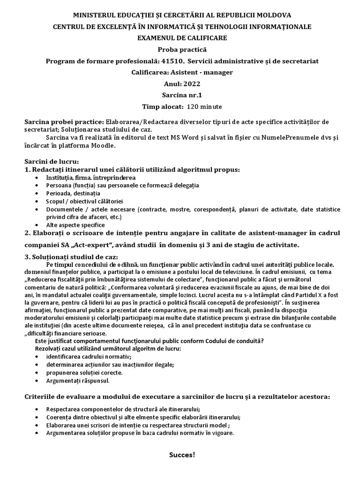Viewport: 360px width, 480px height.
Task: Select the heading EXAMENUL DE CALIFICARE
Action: (x=180, y=38)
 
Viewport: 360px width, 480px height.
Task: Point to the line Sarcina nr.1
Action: (x=180, y=95)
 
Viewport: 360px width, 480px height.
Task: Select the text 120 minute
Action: (x=204, y=106)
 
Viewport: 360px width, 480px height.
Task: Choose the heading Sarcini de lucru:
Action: (x=52, y=161)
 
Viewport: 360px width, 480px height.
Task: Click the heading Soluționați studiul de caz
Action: (x=71, y=257)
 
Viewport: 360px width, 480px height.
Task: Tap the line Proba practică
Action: (x=180, y=50)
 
